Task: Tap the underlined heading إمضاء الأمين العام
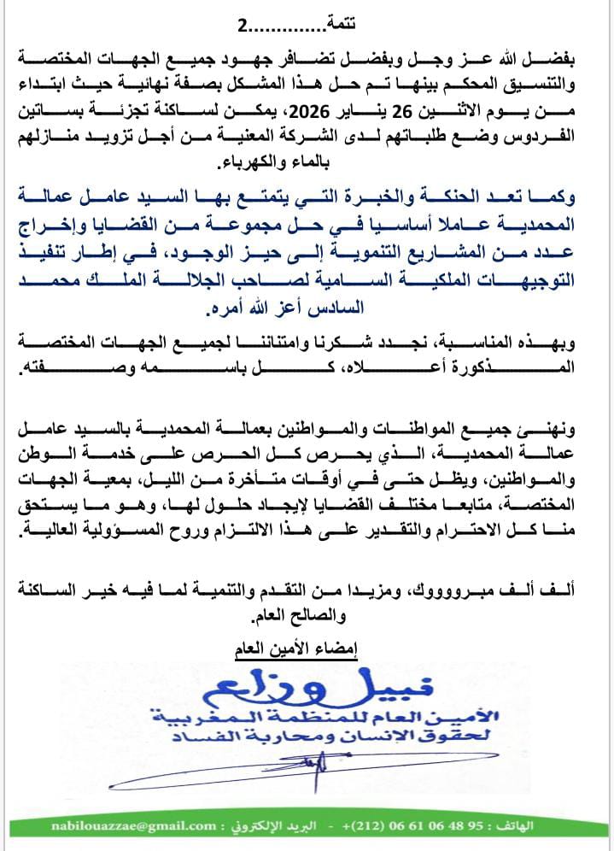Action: tap(295, 651)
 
